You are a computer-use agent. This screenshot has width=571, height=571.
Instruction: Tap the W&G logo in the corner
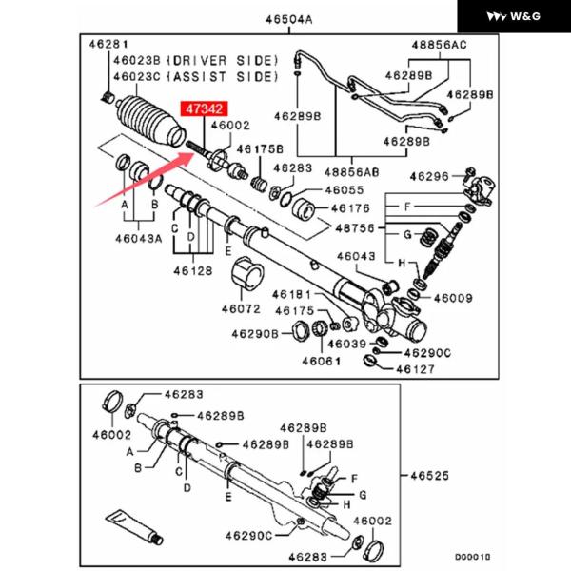click(x=521, y=16)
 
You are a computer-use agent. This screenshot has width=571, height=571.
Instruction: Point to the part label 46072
click(x=240, y=308)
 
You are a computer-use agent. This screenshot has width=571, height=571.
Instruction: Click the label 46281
click(x=108, y=45)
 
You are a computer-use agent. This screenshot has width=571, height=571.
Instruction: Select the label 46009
click(x=453, y=299)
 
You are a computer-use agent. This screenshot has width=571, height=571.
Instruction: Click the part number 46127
click(x=416, y=368)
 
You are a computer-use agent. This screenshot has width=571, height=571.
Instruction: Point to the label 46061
click(x=320, y=362)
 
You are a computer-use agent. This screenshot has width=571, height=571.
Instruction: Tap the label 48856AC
click(x=439, y=46)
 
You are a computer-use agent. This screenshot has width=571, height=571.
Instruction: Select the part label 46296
click(x=429, y=176)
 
